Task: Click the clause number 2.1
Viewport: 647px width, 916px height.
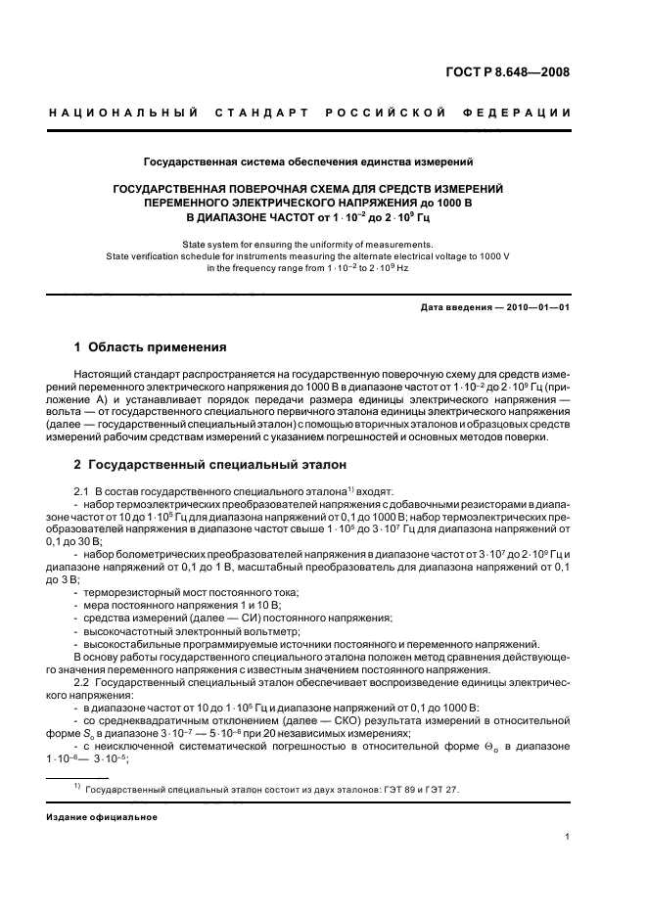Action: (x=82, y=489)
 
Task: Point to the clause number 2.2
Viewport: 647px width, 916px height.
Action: (x=82, y=679)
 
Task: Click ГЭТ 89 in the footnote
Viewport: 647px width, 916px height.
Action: (x=390, y=788)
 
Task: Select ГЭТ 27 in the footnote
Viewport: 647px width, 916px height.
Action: (x=434, y=788)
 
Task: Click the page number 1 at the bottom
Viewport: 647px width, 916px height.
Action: (x=568, y=837)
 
